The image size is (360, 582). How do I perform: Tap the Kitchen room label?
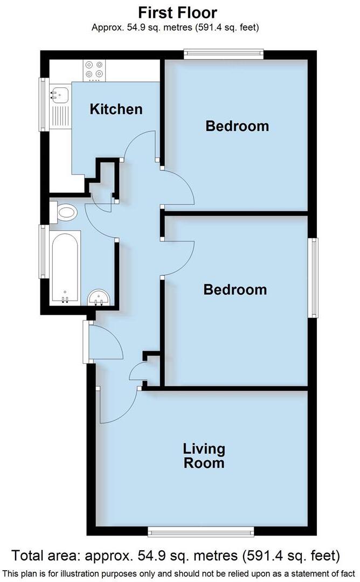(116, 109)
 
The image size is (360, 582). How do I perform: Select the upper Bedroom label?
(237, 126)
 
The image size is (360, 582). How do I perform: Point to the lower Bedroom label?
(235, 289)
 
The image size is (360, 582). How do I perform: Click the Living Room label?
(204, 455)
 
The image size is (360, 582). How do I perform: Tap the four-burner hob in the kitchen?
(94, 71)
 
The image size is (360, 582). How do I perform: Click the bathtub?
(64, 266)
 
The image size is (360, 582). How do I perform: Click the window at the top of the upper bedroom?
(223, 53)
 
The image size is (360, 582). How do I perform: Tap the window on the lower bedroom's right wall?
(312, 278)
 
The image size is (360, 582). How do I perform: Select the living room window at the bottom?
(200, 532)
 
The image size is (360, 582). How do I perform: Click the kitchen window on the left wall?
(42, 105)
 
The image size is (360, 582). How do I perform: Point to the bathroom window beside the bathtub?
(42, 251)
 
